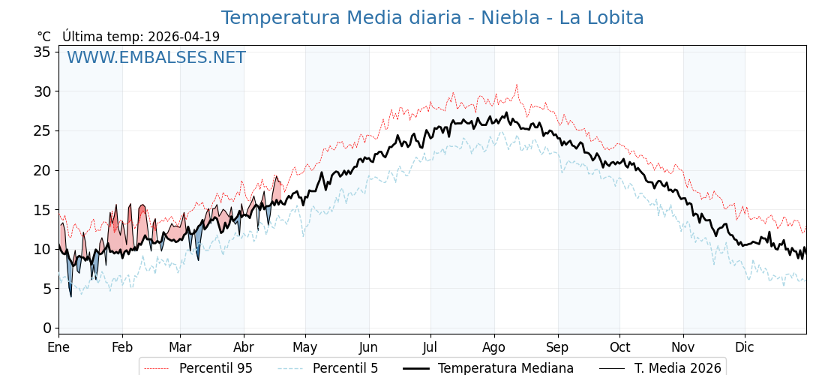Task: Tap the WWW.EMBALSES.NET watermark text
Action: tap(156, 58)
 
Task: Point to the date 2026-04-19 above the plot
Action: tap(184, 37)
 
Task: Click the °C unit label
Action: tap(43, 37)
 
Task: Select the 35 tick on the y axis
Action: tap(42, 52)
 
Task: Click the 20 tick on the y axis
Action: tap(42, 170)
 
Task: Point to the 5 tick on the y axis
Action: tap(46, 289)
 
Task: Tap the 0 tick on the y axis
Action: tap(46, 328)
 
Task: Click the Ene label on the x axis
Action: tap(58, 347)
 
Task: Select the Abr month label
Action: tap(244, 347)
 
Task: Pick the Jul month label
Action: tap(430, 347)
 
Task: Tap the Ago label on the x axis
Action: tap(494, 347)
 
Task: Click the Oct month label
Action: tap(619, 347)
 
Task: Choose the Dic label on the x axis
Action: tap(745, 347)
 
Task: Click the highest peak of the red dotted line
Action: tap(516, 85)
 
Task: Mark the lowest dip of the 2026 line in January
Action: tap(71, 296)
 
